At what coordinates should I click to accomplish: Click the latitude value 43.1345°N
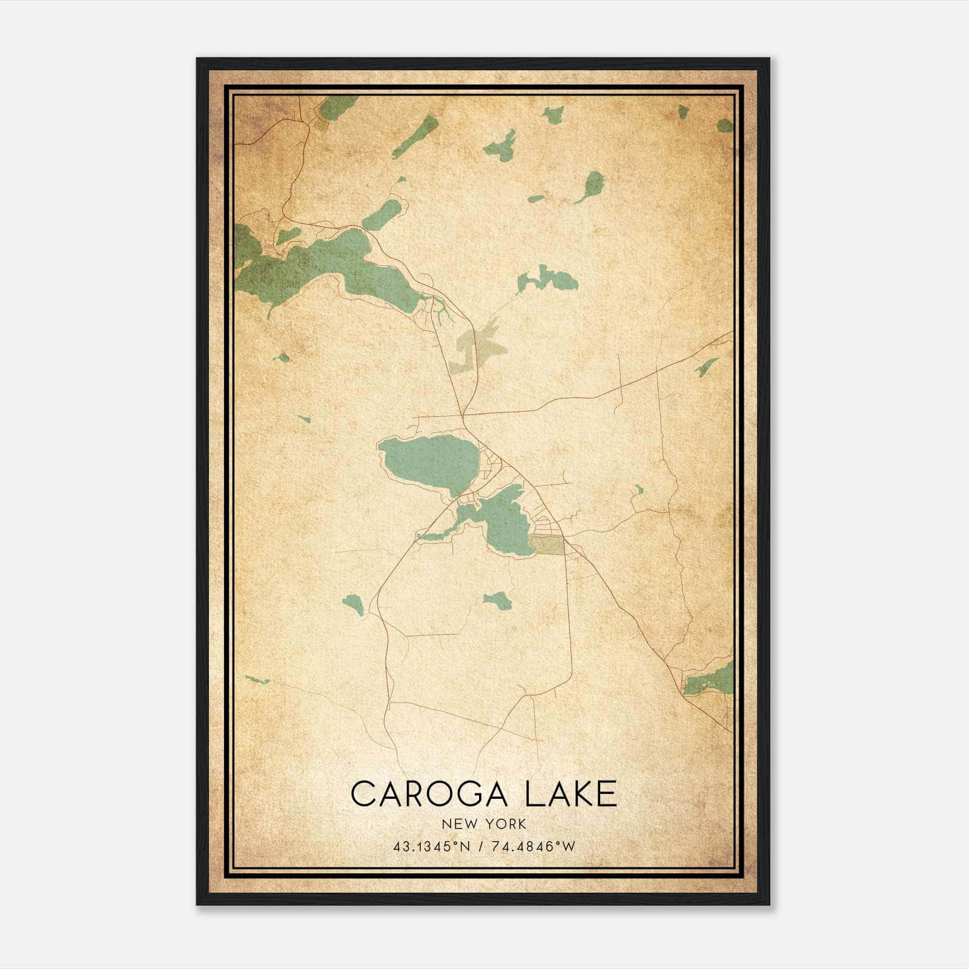point(431,847)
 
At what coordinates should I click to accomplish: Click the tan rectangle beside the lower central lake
point(547,544)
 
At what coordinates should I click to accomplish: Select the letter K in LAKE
point(580,794)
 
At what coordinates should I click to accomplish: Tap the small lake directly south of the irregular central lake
point(498,600)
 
